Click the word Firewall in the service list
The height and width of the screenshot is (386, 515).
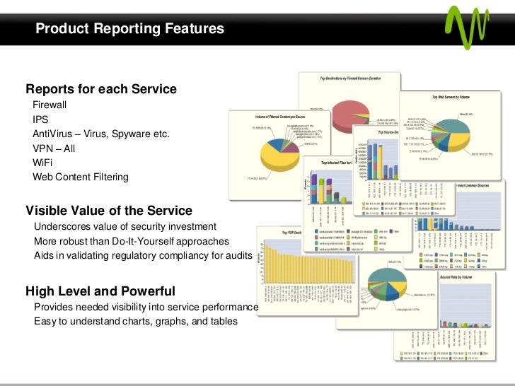pos(50,105)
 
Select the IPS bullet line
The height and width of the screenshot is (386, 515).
pos(40,119)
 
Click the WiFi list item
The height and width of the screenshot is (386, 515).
pos(42,163)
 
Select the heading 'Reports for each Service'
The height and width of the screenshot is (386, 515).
pos(101,89)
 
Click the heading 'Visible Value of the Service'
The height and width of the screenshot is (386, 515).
pos(109,210)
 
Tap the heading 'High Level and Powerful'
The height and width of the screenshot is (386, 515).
pos(100,291)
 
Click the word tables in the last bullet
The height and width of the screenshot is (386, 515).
pos(223,322)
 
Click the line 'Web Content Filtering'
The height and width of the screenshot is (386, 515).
pos(81,177)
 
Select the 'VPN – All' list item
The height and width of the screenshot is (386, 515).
pos(54,148)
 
